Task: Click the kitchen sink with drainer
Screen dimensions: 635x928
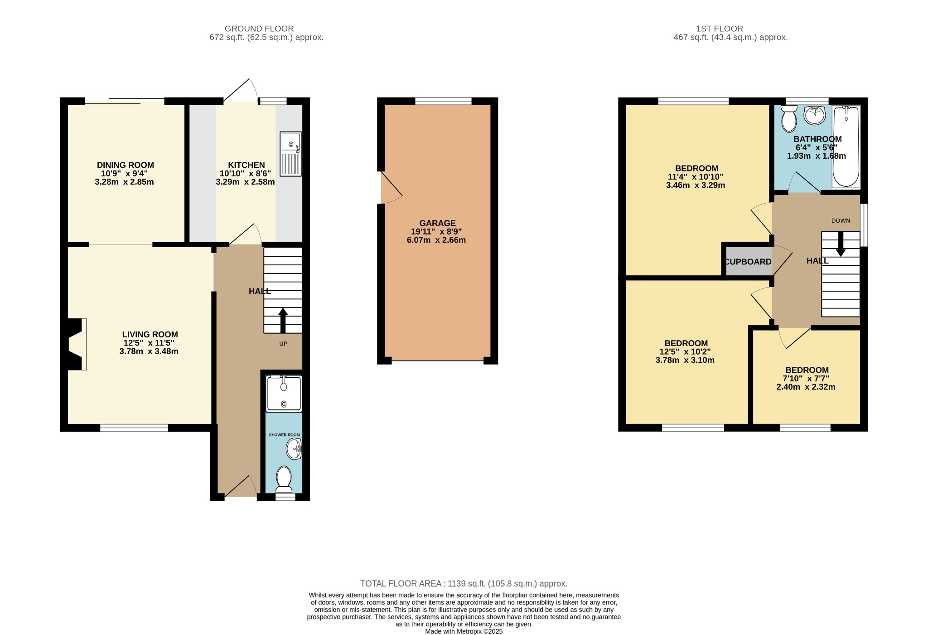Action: pyautogui.click(x=290, y=154)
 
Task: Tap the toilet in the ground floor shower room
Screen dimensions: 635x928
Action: pyautogui.click(x=284, y=479)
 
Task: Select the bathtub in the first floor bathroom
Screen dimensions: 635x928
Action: pyautogui.click(x=846, y=146)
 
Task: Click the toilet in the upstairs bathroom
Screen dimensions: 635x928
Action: pyautogui.click(x=789, y=118)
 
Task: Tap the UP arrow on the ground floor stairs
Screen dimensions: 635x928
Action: pyautogui.click(x=283, y=320)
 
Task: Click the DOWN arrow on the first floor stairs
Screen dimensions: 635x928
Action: pyautogui.click(x=841, y=244)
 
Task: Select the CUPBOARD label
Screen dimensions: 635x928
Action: pyautogui.click(x=748, y=262)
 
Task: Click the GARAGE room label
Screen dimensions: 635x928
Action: pyautogui.click(x=437, y=223)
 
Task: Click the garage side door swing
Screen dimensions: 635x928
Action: pyautogui.click(x=391, y=188)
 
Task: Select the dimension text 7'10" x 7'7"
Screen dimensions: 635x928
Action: pyautogui.click(x=807, y=379)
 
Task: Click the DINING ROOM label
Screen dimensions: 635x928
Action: pyautogui.click(x=126, y=165)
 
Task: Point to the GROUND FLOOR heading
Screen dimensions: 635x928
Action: pyautogui.click(x=259, y=29)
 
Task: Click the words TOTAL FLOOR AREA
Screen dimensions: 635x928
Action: pyautogui.click(x=400, y=584)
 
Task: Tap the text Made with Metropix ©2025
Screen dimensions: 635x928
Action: pyautogui.click(x=464, y=631)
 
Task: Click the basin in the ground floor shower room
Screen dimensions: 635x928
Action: pyautogui.click(x=294, y=449)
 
